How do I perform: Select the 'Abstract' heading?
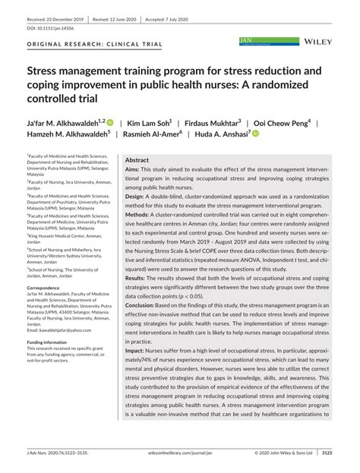[137, 160]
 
